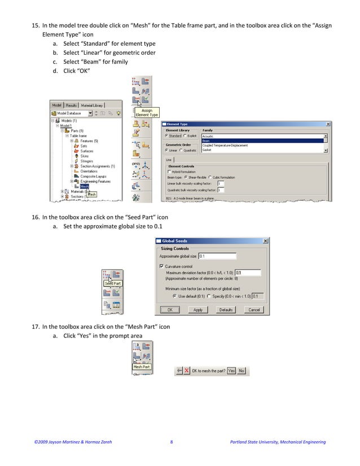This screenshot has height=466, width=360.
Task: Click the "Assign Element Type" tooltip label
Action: pyautogui.click(x=147, y=113)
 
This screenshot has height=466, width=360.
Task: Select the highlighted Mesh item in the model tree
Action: pyautogui.click(x=84, y=186)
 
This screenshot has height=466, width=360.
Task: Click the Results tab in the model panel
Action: pyautogui.click(x=71, y=105)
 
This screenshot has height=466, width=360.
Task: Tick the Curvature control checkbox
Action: pyautogui.click(x=162, y=266)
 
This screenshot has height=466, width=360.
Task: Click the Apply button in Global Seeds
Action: pyautogui.click(x=198, y=310)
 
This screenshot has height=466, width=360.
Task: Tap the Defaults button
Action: pyautogui.click(x=226, y=310)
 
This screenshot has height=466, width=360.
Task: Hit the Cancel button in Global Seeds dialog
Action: pyautogui.click(x=254, y=310)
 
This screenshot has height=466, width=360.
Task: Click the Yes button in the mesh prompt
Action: pyautogui.click(x=231, y=371)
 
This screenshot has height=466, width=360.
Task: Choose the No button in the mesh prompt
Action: pyautogui.click(x=242, y=371)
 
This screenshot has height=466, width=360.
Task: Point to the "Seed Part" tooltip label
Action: pyautogui.click(x=113, y=283)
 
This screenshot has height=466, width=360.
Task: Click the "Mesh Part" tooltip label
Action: pyautogui.click(x=141, y=367)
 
